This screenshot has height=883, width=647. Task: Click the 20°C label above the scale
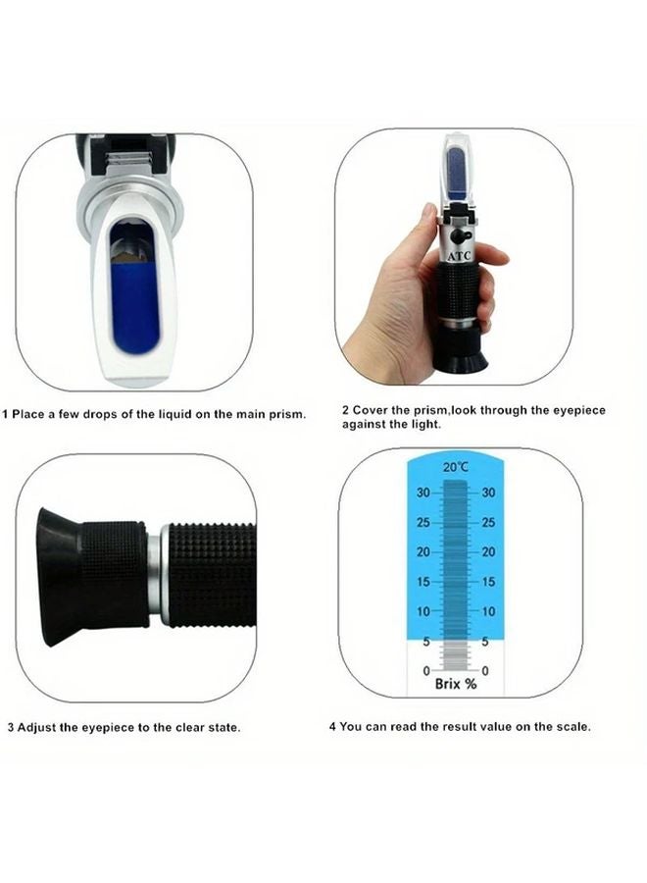pos(455,468)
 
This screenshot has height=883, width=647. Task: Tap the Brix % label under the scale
pos(455,684)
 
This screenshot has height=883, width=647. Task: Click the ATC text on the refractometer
pos(459,255)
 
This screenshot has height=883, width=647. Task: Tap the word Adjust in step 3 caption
pos(36,728)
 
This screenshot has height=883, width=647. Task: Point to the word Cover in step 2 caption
pos(370,410)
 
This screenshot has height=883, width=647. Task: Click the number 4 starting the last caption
pos(331,727)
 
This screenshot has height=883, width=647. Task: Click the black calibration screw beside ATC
pos(468,236)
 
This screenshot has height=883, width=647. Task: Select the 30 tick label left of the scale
pos(423,493)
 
